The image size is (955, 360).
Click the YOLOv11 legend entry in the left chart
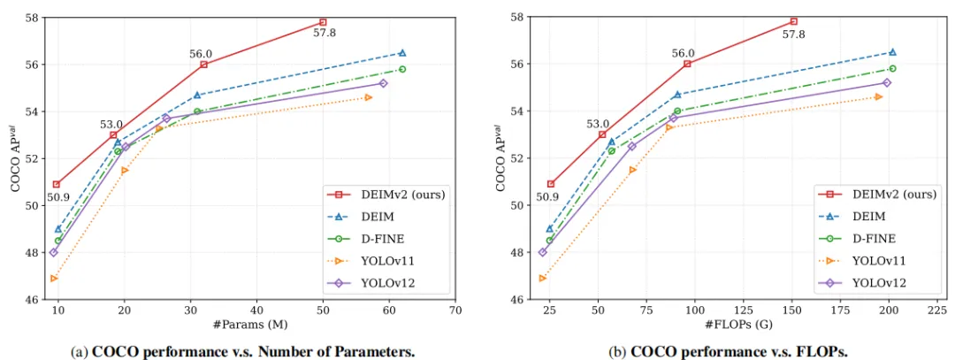[382, 261]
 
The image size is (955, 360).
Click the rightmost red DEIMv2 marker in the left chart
[323, 21]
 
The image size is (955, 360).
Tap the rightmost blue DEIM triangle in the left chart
[402, 53]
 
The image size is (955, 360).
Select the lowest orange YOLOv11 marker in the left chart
[55, 278]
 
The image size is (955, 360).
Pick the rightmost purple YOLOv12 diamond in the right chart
[887, 82]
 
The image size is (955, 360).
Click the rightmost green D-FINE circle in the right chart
[892, 68]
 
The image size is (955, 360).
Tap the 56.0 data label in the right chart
[684, 53]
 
